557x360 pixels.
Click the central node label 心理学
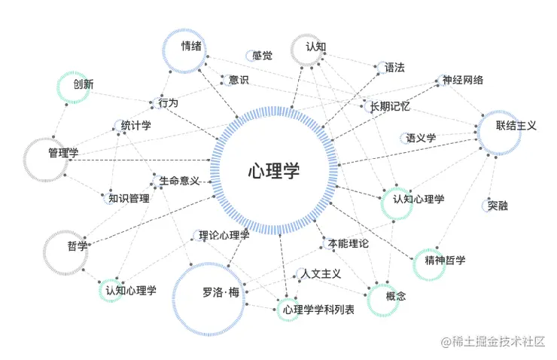(x=274, y=171)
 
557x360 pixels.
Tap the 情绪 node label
(x=191, y=47)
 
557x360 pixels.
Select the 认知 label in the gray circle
(x=315, y=47)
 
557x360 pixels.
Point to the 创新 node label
(x=84, y=84)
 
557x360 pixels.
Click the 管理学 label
(x=63, y=153)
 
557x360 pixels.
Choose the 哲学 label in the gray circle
(x=78, y=246)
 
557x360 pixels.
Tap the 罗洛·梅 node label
(x=221, y=292)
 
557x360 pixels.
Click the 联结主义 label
(x=516, y=126)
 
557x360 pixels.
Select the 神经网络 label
(x=463, y=81)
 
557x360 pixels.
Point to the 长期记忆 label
(x=389, y=107)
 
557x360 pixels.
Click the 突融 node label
(x=498, y=205)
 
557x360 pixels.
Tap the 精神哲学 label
(x=445, y=261)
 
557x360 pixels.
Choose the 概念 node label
(x=396, y=297)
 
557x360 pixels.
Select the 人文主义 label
(x=321, y=273)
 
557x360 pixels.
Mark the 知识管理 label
(x=129, y=199)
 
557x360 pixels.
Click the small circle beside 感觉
(x=250, y=55)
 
